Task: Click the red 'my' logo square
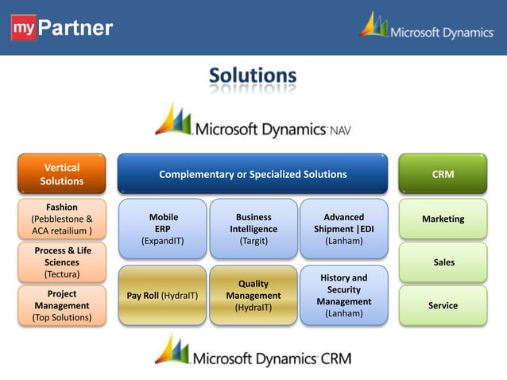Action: point(23,28)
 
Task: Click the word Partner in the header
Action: point(76,29)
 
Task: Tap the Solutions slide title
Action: point(253,76)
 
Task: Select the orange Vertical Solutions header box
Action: point(61,174)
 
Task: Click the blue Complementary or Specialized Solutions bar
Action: point(253,174)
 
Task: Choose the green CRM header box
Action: point(443,174)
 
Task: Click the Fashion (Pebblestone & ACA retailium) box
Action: point(61,219)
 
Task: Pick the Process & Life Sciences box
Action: point(61,262)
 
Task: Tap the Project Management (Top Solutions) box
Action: point(61,305)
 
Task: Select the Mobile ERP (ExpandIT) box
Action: point(163,228)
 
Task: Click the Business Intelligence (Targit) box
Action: point(253,228)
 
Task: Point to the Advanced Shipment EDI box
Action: point(343,228)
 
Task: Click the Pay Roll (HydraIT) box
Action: point(163,296)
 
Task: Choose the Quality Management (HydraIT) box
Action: point(253,296)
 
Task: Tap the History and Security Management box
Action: point(343,296)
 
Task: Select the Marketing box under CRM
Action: point(443,219)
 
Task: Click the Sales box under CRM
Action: point(443,262)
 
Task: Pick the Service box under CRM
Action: point(443,305)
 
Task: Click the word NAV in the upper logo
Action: point(339,129)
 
